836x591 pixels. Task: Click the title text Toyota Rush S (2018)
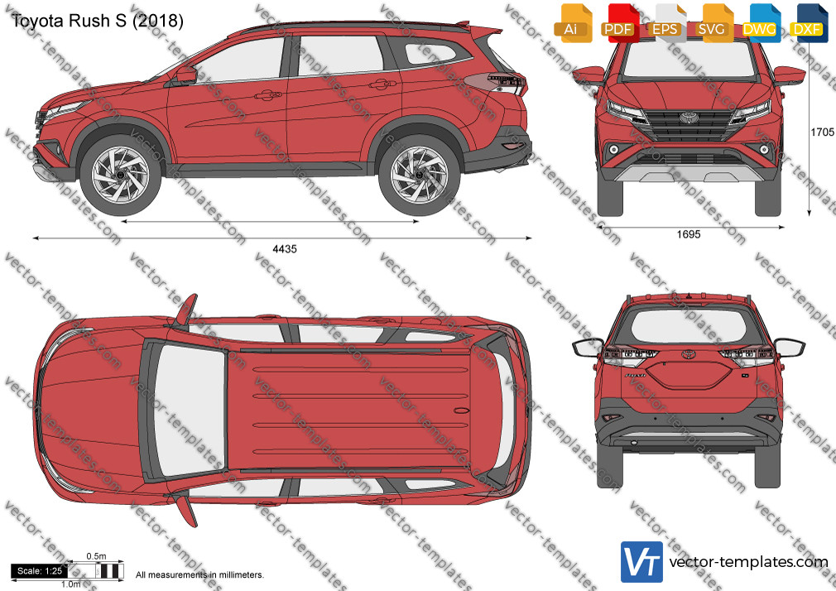pyautogui.click(x=97, y=21)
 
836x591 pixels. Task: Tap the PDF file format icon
pyautogui.click(x=619, y=23)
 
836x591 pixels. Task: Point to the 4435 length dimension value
pyautogui.click(x=285, y=249)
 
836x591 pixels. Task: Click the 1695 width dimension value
pyautogui.click(x=689, y=234)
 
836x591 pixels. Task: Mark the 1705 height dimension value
pyautogui.click(x=822, y=132)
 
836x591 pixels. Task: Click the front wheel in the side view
pyautogui.click(x=121, y=175)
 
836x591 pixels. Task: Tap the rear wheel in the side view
pyautogui.click(x=419, y=175)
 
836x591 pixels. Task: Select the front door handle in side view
pyautogui.click(x=267, y=95)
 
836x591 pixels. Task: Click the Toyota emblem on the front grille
pyautogui.click(x=689, y=118)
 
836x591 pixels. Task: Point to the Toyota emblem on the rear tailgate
pyautogui.click(x=689, y=354)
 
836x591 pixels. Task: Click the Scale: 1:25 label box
pyautogui.click(x=40, y=571)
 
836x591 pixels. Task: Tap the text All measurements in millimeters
pyautogui.click(x=199, y=575)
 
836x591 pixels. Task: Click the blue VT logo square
pyautogui.click(x=642, y=562)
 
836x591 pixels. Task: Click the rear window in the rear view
pyautogui.click(x=689, y=326)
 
